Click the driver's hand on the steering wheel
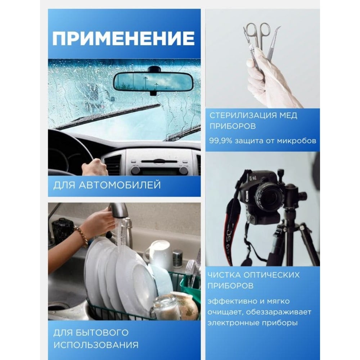point(94,167)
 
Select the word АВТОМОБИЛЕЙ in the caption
point(120,185)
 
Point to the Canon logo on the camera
point(247,196)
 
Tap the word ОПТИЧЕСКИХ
point(271,275)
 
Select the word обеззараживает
point(280,312)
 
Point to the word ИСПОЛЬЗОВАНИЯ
point(96,345)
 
